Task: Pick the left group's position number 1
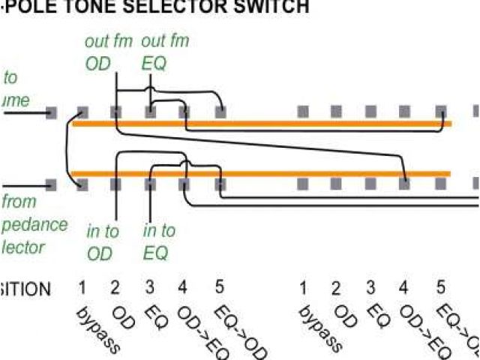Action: click(82, 288)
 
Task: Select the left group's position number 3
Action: click(150, 288)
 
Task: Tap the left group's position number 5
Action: click(219, 288)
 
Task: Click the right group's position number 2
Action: click(337, 288)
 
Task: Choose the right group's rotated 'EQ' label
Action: click(379, 318)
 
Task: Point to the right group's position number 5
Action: click(441, 288)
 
